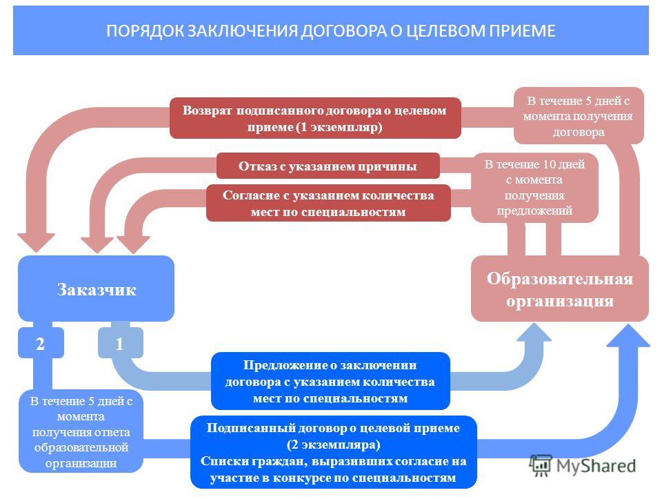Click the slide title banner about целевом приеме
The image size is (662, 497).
pyautogui.click(x=330, y=30)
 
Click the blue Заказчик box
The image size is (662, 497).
pyautogui.click(x=97, y=289)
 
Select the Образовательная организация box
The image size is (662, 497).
pyautogui.click(x=560, y=289)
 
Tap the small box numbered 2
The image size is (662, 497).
pyautogui.click(x=41, y=343)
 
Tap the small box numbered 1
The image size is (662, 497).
pyautogui.click(x=120, y=343)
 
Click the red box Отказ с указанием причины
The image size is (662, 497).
pyautogui.click(x=328, y=166)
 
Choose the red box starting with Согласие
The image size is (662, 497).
pyautogui.click(x=328, y=203)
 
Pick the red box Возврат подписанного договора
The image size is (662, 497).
pyautogui.click(x=315, y=118)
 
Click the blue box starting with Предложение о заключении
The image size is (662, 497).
pyautogui.click(x=330, y=381)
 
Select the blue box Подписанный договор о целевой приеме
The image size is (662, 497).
pyautogui.click(x=334, y=452)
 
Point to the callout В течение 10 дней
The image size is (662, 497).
pyautogui.click(x=534, y=188)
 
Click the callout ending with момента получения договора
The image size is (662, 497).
pyautogui.click(x=579, y=116)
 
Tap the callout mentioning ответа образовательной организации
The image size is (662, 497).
pyautogui.click(x=81, y=432)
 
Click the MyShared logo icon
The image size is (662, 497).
pyautogui.click(x=541, y=466)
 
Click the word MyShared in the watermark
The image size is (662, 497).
pyautogui.click(x=596, y=466)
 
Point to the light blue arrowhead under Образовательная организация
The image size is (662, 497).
pyautogui.click(x=534, y=332)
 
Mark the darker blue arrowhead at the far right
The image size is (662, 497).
pyautogui.click(x=628, y=335)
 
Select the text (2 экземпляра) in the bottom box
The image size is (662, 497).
pyautogui.click(x=334, y=445)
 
